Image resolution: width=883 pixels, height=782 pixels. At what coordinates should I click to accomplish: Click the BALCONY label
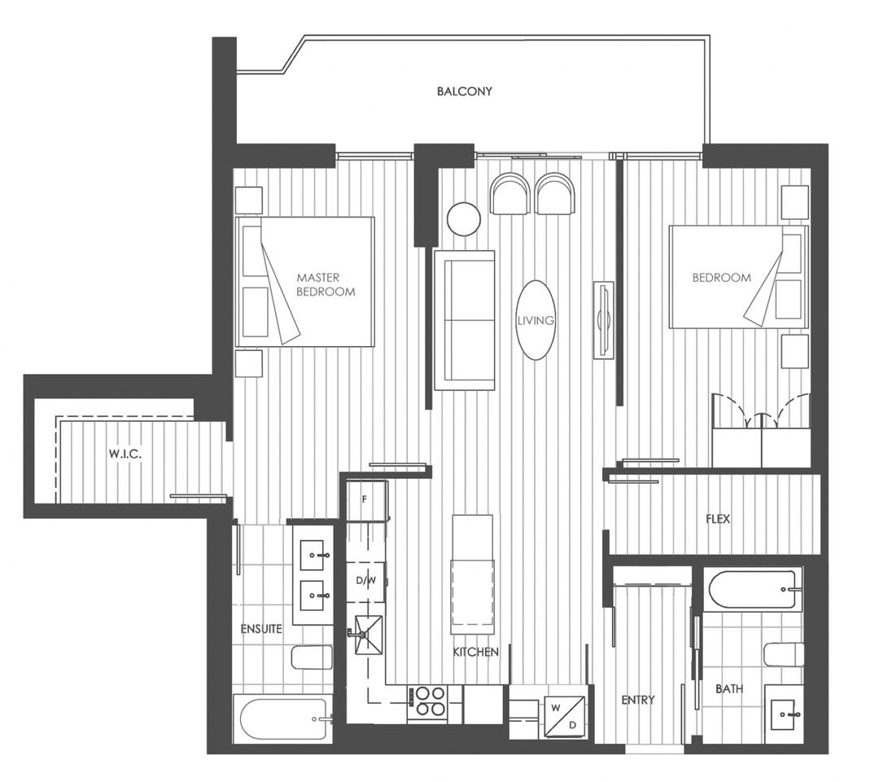click(x=464, y=91)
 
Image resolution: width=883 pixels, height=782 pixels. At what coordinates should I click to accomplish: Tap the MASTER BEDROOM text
click(x=326, y=284)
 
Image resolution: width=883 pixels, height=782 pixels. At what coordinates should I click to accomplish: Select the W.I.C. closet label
click(x=125, y=455)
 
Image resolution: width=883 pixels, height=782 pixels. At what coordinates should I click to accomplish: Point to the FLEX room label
click(x=718, y=519)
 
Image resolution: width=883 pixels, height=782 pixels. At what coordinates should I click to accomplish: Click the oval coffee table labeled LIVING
click(x=535, y=320)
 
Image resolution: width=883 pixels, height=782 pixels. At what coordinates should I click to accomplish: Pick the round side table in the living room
click(x=464, y=218)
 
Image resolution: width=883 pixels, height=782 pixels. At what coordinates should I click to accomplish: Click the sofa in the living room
click(x=465, y=320)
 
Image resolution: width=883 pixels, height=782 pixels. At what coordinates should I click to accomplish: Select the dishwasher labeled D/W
click(x=365, y=581)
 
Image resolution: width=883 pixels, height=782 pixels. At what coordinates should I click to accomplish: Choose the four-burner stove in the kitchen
click(x=427, y=701)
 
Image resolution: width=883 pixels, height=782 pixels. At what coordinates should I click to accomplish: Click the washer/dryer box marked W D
click(x=563, y=714)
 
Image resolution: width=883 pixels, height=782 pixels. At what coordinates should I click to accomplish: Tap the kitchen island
click(x=472, y=574)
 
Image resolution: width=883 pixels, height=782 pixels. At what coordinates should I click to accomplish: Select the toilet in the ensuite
click(x=313, y=657)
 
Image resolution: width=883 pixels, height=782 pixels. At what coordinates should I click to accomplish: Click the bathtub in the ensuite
click(x=282, y=718)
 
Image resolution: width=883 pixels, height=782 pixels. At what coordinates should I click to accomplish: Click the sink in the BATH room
click(x=785, y=714)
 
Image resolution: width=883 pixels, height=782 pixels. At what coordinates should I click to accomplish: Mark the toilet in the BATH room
click(x=785, y=654)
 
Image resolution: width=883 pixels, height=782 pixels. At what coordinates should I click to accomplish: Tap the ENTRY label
click(x=637, y=700)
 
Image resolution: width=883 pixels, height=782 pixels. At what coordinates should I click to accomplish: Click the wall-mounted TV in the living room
click(x=603, y=319)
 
